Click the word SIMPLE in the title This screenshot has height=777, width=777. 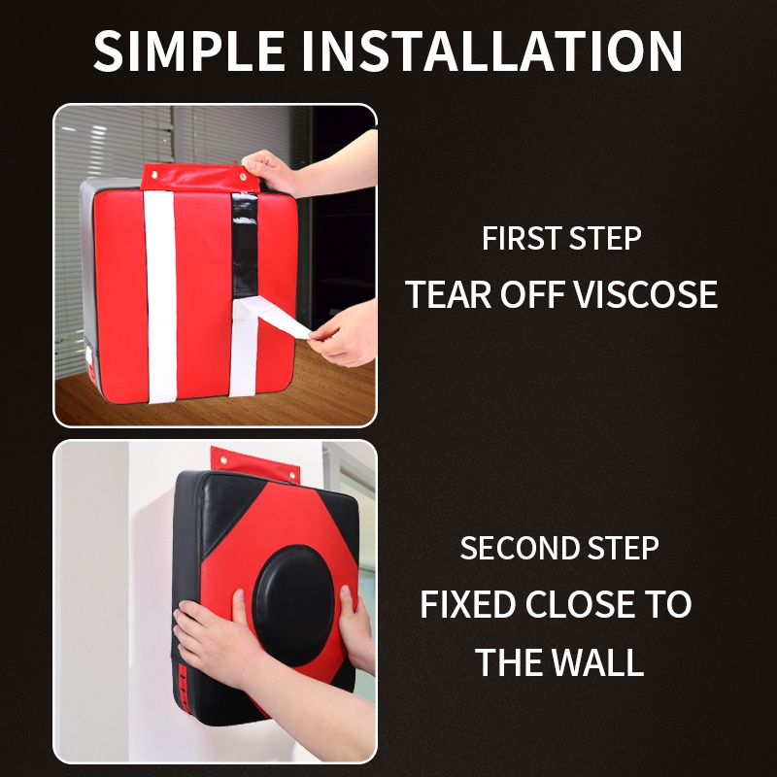tap(188, 51)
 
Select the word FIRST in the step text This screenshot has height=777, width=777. tap(521, 238)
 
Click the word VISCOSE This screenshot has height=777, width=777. tap(646, 294)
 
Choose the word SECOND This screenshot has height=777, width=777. tap(519, 548)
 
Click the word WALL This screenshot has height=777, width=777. tap(596, 662)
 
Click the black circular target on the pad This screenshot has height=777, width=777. tap(293, 606)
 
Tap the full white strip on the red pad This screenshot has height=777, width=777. tap(160, 296)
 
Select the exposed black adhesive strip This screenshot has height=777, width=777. tap(245, 246)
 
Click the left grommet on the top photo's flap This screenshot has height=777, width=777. tap(154, 175)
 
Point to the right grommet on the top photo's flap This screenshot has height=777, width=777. tap(243, 177)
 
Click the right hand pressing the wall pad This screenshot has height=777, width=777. tap(355, 626)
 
